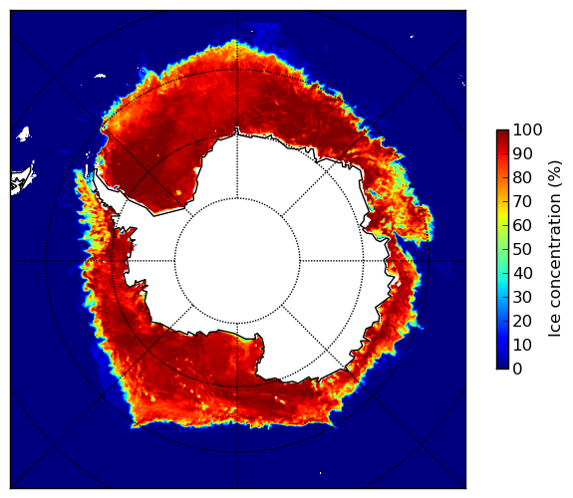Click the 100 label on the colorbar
click(527, 129)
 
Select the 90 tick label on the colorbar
click(522, 153)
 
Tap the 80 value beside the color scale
click(522, 177)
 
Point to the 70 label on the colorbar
click(522, 201)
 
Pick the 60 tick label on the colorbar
click(522, 225)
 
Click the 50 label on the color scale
click(522, 249)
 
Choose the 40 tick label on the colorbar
click(522, 273)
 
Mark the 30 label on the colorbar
click(522, 297)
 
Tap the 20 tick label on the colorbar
click(522, 321)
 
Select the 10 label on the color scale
click(522, 345)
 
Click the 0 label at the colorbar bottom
click(517, 369)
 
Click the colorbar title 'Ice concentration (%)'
click(555, 249)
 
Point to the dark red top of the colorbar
click(502, 132)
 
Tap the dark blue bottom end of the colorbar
click(502, 367)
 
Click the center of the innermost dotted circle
click(237, 261)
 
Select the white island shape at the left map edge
click(23, 179)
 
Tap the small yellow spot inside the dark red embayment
click(178, 192)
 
